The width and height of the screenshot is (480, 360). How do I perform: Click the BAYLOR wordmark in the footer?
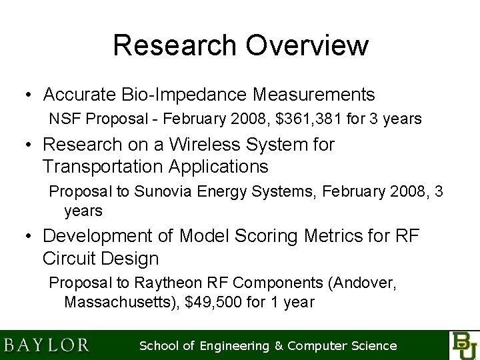click(47, 345)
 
